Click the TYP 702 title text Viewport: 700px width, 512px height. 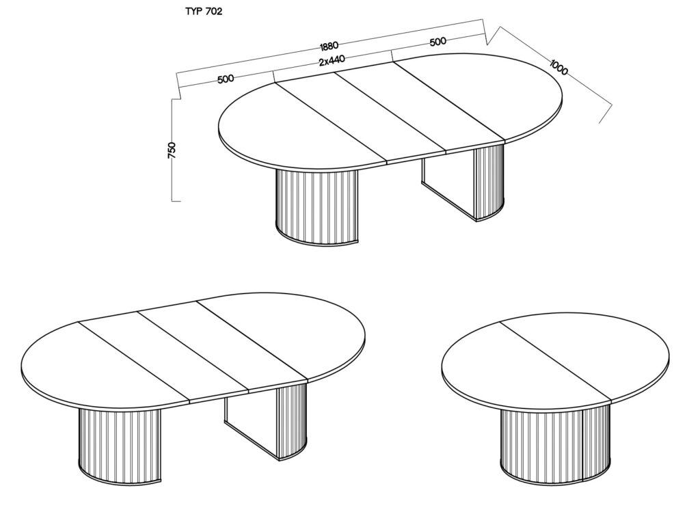click(204, 12)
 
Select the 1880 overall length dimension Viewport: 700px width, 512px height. click(329, 46)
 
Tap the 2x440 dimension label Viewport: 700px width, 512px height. click(332, 60)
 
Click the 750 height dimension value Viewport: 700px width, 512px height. click(172, 150)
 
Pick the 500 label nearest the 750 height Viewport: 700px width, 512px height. click(226, 79)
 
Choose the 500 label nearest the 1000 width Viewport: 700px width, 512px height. click(437, 42)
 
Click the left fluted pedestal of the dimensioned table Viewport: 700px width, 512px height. click(317, 205)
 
